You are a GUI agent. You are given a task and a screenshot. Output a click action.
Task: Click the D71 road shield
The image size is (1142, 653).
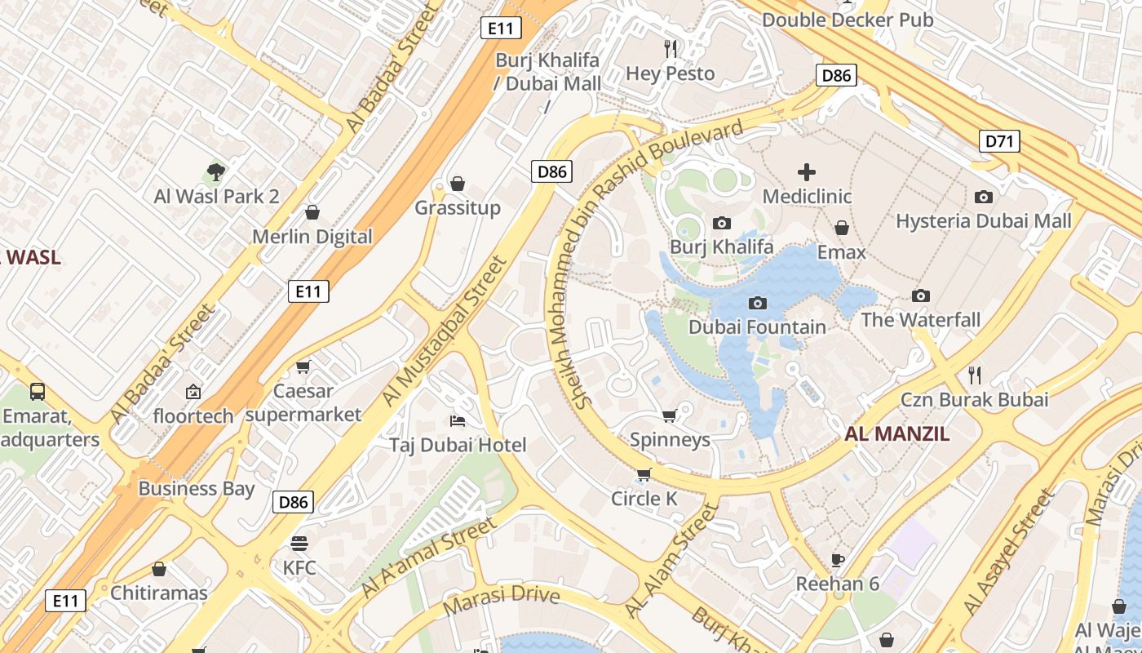click(x=999, y=141)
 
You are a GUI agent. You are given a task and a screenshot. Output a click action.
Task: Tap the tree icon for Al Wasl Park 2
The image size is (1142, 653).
click(x=216, y=172)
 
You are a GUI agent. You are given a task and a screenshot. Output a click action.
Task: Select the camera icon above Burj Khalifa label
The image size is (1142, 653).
click(x=722, y=223)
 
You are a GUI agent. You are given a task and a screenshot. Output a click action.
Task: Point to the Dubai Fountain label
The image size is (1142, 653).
click(x=757, y=327)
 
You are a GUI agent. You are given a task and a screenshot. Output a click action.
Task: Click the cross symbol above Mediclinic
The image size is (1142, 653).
click(x=807, y=172)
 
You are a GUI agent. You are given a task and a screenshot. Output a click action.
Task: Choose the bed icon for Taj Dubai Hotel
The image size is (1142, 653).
click(x=458, y=421)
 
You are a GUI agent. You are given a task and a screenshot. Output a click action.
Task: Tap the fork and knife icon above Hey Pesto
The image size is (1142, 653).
click(x=671, y=49)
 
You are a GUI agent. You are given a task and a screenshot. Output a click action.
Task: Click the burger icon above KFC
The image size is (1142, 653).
click(x=299, y=544)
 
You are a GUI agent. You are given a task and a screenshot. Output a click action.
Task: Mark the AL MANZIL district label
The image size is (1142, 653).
click(x=896, y=434)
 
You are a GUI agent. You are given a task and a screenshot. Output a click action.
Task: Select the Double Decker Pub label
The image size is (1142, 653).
click(x=848, y=20)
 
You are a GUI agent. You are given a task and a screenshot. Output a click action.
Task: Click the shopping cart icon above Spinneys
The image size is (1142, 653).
click(x=670, y=416)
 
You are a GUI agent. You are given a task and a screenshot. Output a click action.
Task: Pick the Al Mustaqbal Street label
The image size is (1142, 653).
click(x=445, y=331)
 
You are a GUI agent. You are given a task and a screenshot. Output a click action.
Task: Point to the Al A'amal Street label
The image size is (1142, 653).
click(x=427, y=557)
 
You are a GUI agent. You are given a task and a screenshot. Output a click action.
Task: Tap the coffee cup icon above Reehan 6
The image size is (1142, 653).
click(x=837, y=560)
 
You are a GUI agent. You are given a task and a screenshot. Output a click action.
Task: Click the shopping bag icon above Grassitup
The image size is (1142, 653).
click(x=458, y=184)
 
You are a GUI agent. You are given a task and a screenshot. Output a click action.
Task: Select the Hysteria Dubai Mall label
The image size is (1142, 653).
click(x=983, y=221)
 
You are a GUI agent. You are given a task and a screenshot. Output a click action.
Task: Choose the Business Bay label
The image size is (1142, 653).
click(x=197, y=489)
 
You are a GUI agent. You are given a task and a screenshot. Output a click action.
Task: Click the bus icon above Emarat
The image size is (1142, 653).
click(x=38, y=392)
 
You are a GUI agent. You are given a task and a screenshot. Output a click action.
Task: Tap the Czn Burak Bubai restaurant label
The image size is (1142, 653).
click(x=974, y=400)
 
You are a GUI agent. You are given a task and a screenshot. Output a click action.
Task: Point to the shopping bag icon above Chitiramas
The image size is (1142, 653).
click(x=159, y=569)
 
